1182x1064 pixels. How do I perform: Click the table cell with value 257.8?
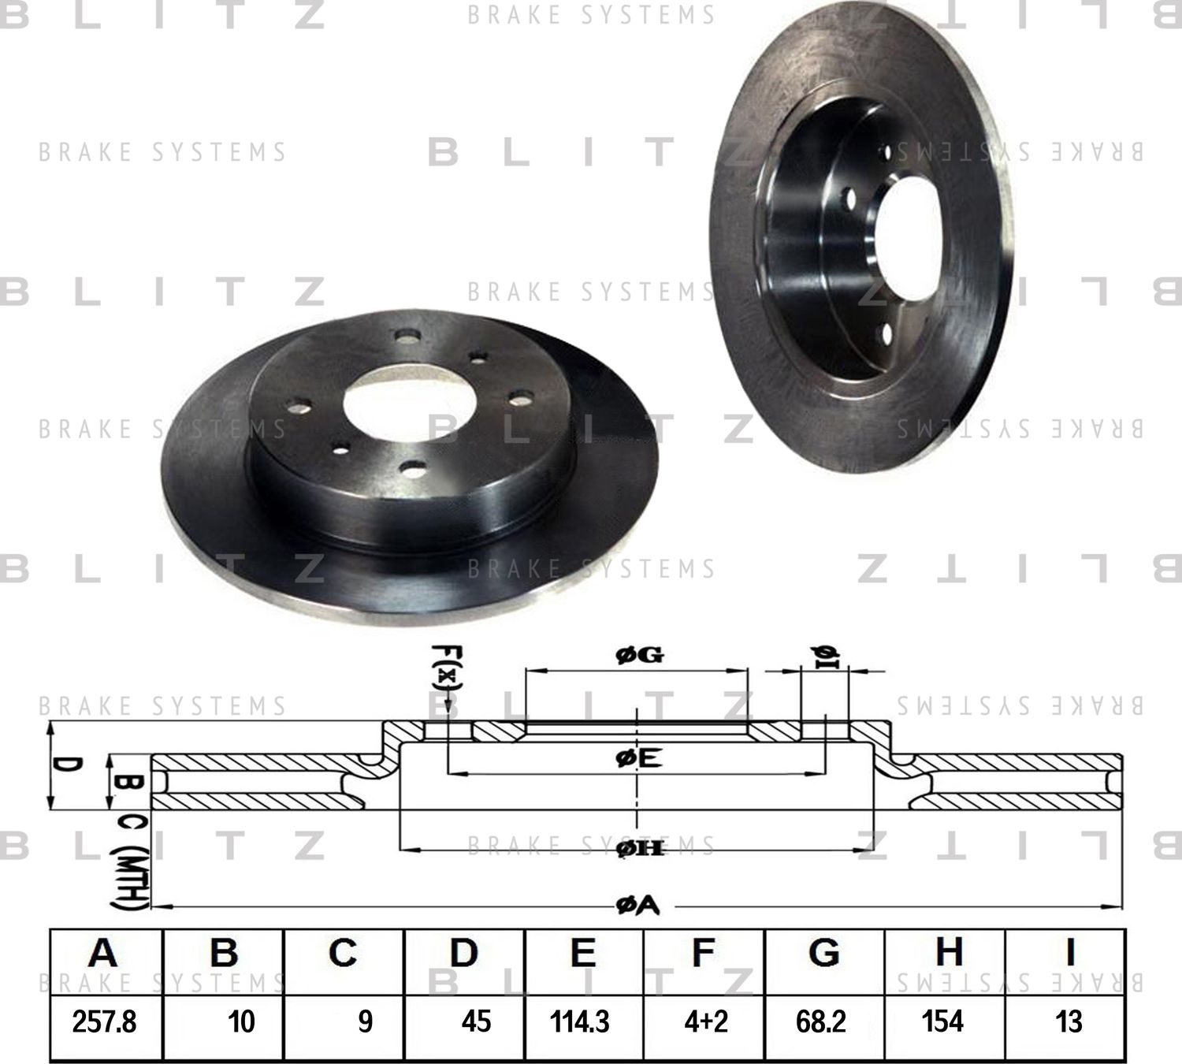pos(104,1022)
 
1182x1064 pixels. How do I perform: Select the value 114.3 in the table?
pos(580,1022)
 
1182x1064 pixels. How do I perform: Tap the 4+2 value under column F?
pos(706,1022)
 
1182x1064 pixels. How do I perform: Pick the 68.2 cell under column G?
pos(821,1022)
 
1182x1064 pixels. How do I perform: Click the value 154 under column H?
pos(942,1022)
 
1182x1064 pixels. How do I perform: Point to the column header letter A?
pos(103,953)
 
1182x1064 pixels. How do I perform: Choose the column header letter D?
pos(463,953)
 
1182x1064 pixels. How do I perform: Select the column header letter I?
pos(1069,953)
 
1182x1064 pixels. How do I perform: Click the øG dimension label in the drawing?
pos(639,654)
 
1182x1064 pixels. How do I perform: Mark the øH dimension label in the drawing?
pos(638,848)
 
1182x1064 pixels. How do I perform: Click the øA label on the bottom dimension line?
pos(637,906)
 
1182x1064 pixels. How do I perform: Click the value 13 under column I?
pos(1069,1022)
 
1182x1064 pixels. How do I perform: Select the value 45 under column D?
pos(476,1022)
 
